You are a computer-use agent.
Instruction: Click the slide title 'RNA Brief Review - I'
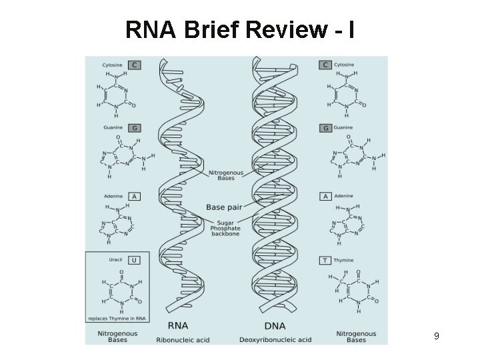click(x=239, y=30)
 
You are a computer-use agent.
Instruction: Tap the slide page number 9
click(x=436, y=336)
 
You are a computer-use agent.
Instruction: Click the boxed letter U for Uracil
click(x=134, y=260)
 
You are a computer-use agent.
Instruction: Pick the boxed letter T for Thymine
click(x=326, y=260)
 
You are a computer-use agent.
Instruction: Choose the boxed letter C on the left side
click(x=134, y=65)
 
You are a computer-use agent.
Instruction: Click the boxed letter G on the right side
click(x=326, y=127)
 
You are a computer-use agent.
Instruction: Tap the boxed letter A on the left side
click(x=134, y=197)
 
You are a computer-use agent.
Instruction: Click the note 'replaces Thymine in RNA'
click(x=119, y=319)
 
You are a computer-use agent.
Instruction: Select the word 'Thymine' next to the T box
click(x=344, y=260)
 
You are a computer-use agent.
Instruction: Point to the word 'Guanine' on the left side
click(x=111, y=127)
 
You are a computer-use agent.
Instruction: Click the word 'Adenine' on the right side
click(x=345, y=197)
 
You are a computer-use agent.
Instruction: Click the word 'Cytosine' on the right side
click(x=346, y=65)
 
